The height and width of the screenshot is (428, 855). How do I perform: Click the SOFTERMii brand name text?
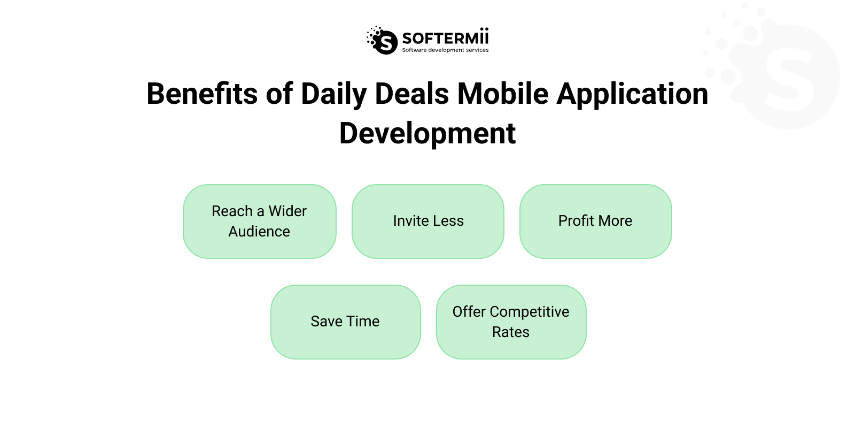pos(445,38)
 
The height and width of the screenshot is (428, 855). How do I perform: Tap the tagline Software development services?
pos(445,50)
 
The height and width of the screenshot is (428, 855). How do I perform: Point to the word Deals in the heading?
pos(411,94)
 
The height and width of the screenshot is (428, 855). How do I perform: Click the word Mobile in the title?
pos(503,94)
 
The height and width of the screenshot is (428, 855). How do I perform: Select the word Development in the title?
pos(428,133)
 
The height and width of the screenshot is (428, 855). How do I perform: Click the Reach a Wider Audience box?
pos(260,221)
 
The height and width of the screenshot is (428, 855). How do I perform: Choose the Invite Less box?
pos(428,221)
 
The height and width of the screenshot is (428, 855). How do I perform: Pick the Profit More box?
pos(595,221)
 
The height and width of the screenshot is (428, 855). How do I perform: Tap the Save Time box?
pos(345,322)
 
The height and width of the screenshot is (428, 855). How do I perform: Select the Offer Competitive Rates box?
pos(511,322)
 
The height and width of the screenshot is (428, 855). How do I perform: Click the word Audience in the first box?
pos(259,232)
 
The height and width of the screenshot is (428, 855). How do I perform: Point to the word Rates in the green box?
pos(511,332)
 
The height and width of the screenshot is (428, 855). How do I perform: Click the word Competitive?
pos(529,312)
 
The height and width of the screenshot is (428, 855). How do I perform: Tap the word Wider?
pos(287,211)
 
